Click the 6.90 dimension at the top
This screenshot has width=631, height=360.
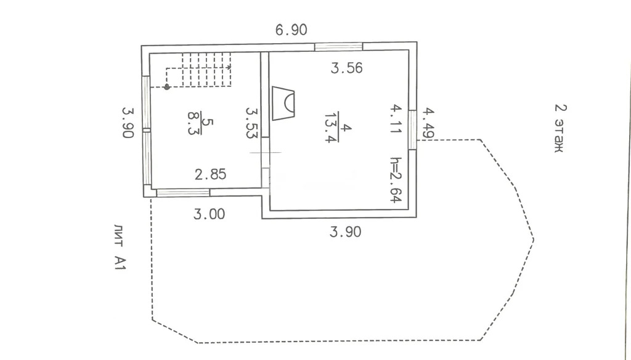291,30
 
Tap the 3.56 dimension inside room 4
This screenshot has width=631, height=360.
346,68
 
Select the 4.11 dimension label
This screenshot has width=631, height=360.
396,119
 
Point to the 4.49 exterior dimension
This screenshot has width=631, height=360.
428,123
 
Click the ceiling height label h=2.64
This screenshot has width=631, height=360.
396,179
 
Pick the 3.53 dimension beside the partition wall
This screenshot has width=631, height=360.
251,123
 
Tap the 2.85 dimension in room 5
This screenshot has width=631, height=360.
211,174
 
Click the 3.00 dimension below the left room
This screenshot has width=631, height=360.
210,214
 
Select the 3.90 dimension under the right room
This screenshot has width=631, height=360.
345,232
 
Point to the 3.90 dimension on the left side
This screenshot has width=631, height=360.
128,123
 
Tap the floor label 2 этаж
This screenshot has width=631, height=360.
560,128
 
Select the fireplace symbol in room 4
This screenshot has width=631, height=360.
283,103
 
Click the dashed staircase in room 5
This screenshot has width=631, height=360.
199,70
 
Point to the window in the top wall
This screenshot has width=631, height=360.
339,47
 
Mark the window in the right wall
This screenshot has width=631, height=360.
413,130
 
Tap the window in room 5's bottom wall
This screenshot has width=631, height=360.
183,193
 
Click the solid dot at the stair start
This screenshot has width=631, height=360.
166,86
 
